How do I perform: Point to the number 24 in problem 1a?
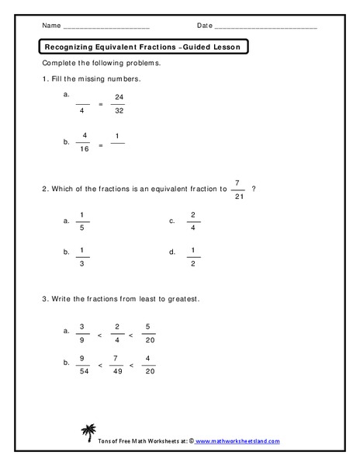coord(118,97)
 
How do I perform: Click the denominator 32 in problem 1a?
coord(118,111)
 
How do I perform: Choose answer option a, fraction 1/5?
coord(82,221)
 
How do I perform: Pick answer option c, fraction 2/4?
coord(192,221)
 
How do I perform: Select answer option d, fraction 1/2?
coord(192,258)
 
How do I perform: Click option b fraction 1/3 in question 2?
coord(82,258)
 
